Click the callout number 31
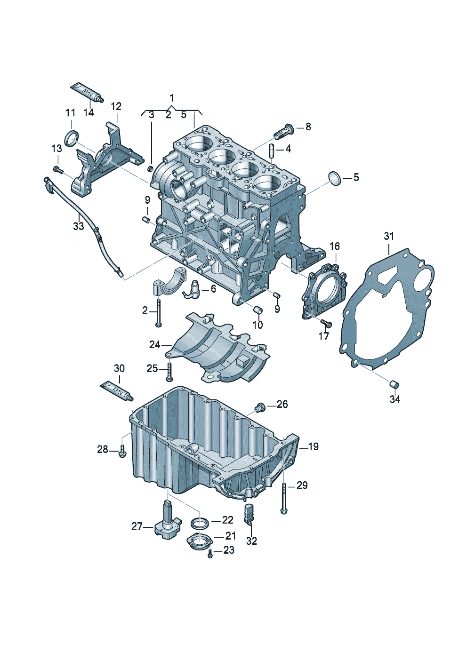[388, 236]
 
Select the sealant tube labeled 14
[86, 92]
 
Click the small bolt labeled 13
[58, 169]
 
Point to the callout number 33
[78, 226]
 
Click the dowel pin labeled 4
[272, 151]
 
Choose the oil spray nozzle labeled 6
[193, 290]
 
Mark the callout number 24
[155, 345]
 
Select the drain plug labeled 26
[258, 407]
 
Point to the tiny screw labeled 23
[210, 555]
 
